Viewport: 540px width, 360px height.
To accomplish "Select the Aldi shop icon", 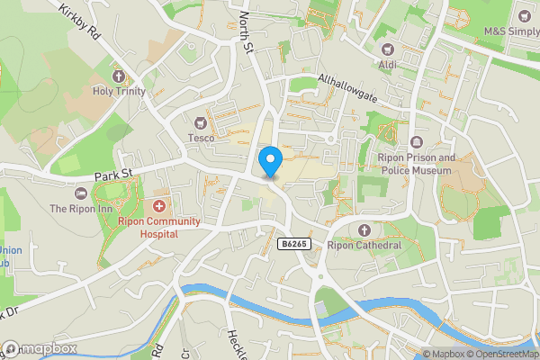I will tap(389, 49).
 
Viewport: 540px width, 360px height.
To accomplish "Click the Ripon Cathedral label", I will tap(364, 245).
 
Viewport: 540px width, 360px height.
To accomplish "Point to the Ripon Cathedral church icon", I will tap(364, 229).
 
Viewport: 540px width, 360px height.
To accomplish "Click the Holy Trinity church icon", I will tap(118, 76).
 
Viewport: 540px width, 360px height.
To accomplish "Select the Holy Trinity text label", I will tap(118, 91).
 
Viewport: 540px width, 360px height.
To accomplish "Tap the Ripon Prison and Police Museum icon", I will tap(416, 143).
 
